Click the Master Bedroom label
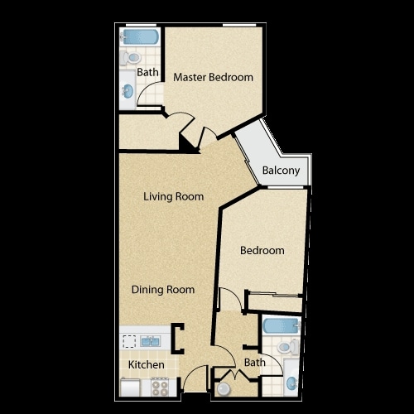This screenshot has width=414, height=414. tap(213, 77)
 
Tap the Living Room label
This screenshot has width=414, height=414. tap(174, 197)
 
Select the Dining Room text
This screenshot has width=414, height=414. tap(163, 290)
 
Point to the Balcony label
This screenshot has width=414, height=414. tap(281, 171)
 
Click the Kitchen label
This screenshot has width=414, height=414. tap(147, 365)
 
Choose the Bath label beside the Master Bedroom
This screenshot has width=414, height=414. tap(147, 73)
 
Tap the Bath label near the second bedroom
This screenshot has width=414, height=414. tap(254, 363)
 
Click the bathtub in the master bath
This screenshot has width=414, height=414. tap(140, 37)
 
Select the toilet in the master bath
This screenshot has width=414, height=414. tap(131, 58)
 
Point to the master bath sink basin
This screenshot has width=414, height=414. tap(128, 90)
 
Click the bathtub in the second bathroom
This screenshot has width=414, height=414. tap(282, 326)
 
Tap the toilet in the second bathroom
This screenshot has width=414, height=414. tap(288, 347)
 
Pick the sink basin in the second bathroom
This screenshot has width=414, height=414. tap(291, 383)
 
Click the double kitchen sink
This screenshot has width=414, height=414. tap(150, 341)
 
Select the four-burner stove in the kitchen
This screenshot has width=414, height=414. tap(160, 388)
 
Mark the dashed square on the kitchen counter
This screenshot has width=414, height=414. tap(129, 341)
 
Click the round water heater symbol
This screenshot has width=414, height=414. tap(224, 389)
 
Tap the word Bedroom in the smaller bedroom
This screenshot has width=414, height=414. tap(262, 251)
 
